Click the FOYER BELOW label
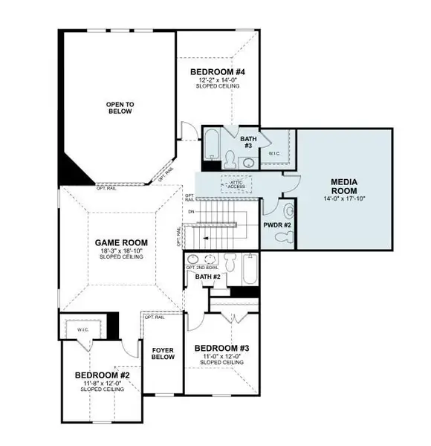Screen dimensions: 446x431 [163, 352]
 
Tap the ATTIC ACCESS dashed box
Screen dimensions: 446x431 [236, 183]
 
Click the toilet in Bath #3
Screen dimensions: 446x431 [231, 158]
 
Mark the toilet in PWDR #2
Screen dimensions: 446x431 [282, 237]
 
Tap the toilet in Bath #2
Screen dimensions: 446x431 [230, 262]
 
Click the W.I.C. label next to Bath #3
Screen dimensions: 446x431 [273, 154]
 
